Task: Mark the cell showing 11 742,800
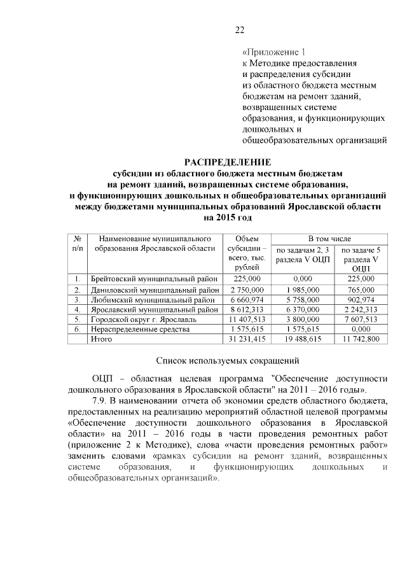360,340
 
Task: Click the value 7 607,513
360,320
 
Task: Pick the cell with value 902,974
360,299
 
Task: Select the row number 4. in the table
76,309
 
